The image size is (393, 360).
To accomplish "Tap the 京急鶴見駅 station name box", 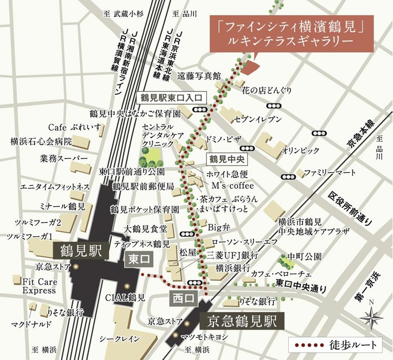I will [x=242, y=320].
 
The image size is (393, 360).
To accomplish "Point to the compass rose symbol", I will [x=371, y=317].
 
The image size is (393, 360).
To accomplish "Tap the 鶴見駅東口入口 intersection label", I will [x=171, y=98].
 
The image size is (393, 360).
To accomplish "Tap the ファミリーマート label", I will [x=330, y=172].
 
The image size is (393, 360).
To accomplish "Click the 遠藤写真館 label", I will [x=199, y=76].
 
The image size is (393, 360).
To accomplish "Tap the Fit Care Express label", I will [x=39, y=286].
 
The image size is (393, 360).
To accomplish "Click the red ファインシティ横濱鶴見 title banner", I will [x=291, y=34].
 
